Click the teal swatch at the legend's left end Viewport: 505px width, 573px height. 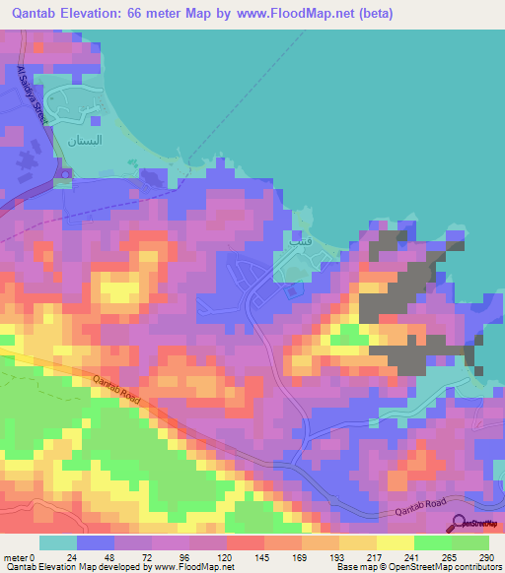click(58, 542)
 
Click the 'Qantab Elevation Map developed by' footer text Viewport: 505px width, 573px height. click(74, 567)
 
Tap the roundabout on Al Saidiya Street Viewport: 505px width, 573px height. click(63, 178)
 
